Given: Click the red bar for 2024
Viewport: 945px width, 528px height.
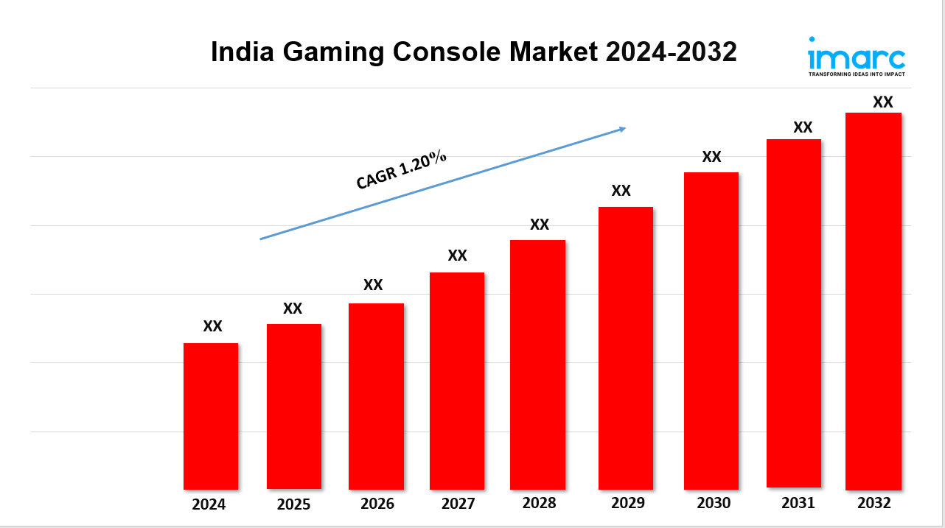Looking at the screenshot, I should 211,416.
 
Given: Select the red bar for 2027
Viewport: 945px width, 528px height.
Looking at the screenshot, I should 457,381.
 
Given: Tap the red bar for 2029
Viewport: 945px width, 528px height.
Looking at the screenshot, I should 626,348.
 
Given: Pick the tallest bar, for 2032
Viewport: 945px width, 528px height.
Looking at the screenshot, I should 873,301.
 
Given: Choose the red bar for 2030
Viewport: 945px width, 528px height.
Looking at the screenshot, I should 711,331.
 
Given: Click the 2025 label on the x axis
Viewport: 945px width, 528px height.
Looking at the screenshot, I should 293,505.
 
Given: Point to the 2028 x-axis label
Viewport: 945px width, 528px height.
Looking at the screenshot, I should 539,504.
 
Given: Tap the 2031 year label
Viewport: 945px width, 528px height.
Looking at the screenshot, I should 798,503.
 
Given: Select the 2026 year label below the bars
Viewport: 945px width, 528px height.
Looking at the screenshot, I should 377,504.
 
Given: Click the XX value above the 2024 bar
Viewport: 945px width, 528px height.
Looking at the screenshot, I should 212,326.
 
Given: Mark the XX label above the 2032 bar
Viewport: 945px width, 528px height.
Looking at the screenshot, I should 882,102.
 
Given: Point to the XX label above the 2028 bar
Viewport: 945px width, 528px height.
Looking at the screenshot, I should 540,225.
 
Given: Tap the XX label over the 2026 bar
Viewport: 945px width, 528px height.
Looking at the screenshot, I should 373,285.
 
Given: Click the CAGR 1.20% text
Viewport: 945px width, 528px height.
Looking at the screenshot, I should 401,170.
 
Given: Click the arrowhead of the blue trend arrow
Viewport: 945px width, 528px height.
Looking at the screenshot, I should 621,129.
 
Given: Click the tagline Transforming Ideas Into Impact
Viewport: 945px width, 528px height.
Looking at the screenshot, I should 857,74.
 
